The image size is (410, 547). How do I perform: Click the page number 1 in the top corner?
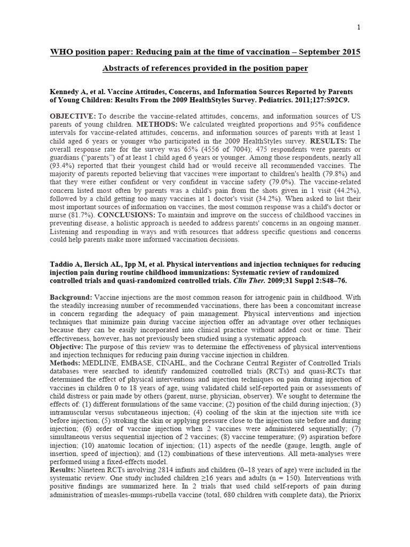(x=359, y=27)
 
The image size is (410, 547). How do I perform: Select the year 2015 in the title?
(x=350, y=52)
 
